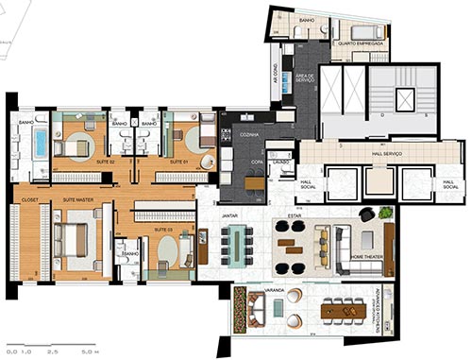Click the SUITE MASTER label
pyautogui.click(x=76, y=200)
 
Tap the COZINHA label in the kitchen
pyautogui.click(x=249, y=135)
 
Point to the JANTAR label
pyautogui.click(x=229, y=214)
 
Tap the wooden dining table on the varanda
pyautogui.click(x=341, y=309)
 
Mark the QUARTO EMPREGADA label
pyautogui.click(x=362, y=43)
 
